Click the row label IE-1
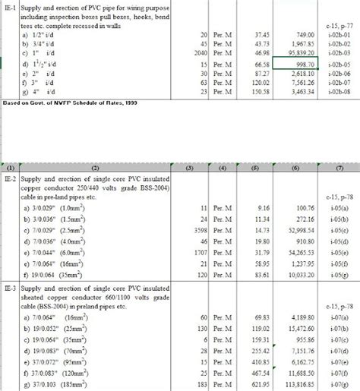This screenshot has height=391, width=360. (11, 8)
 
